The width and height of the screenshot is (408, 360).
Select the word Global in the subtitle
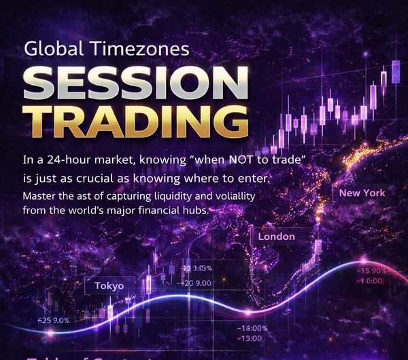coord(51,49)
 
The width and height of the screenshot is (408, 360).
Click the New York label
coord(362,193)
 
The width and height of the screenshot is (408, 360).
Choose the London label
coord(276,236)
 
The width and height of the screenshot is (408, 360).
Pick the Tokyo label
coord(109,285)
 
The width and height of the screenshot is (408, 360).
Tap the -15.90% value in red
coord(371,270)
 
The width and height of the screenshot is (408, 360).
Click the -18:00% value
coord(252,329)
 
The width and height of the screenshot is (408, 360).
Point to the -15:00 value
coord(250,338)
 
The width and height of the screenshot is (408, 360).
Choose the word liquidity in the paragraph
coord(171,196)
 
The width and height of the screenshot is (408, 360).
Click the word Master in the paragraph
coord(39,196)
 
